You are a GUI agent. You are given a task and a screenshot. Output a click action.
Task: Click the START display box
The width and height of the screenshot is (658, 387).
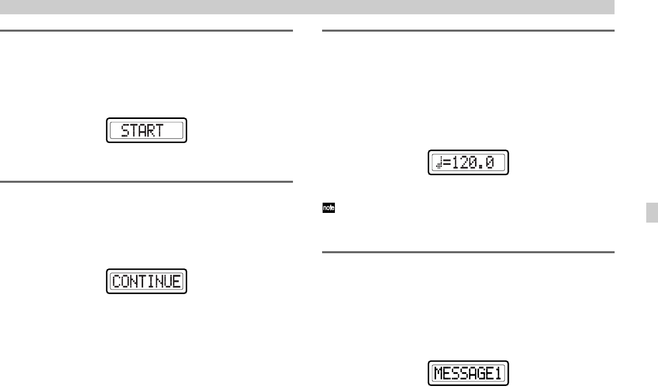click(x=146, y=130)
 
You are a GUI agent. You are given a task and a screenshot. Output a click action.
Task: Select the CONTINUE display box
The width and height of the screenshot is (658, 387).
click(x=146, y=281)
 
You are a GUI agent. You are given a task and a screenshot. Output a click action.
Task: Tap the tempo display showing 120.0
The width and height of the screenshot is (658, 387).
click(x=468, y=163)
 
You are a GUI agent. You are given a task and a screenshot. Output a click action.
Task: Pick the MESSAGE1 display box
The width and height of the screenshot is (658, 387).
click(x=468, y=374)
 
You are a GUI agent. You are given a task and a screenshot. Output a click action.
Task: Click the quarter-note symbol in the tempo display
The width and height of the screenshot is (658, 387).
click(x=438, y=163)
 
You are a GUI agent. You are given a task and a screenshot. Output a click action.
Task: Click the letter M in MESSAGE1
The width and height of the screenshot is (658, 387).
click(x=438, y=375)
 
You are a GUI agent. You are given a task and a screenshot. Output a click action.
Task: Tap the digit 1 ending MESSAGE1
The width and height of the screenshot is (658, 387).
click(x=501, y=375)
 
